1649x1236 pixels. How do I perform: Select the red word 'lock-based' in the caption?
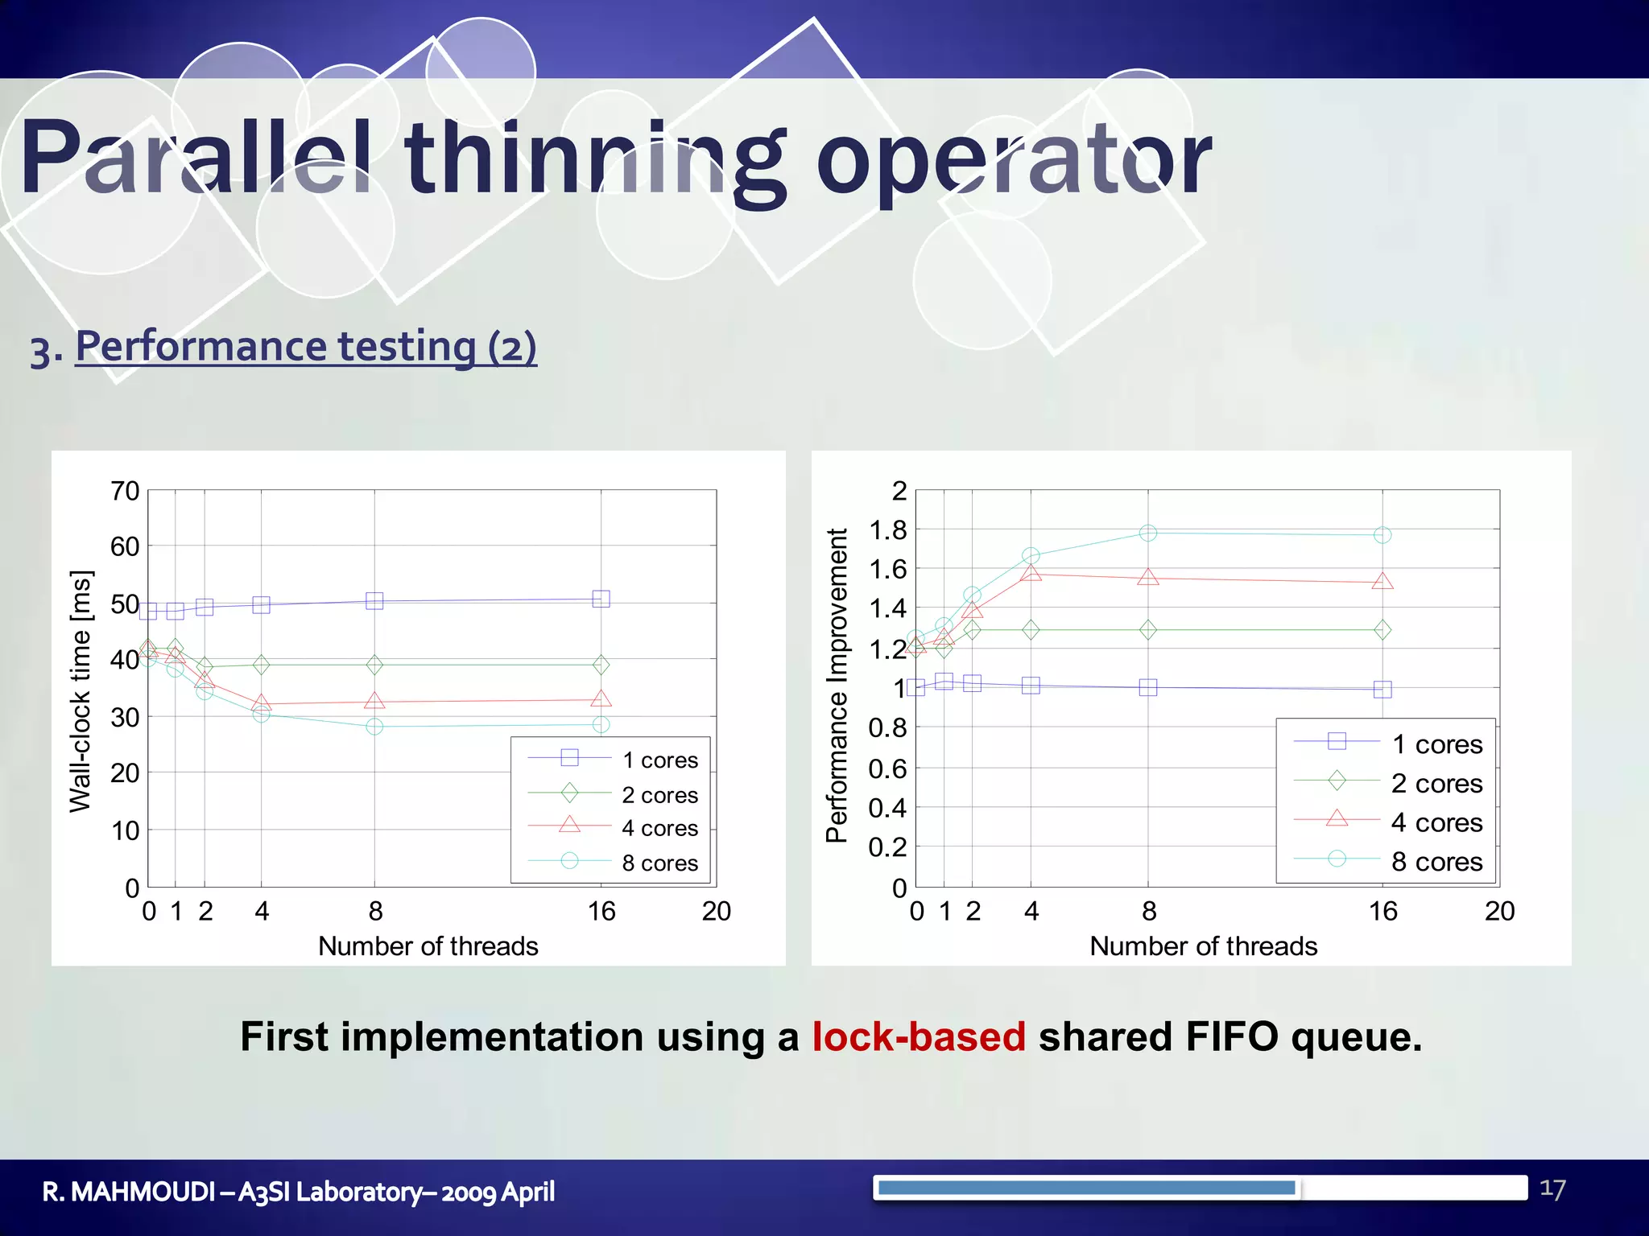(x=919, y=1036)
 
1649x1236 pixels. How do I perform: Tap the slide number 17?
(x=1552, y=1189)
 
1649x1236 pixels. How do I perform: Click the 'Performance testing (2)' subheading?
(x=306, y=346)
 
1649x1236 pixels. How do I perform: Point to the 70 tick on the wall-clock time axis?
(x=125, y=491)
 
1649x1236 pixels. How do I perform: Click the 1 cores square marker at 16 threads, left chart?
(x=601, y=599)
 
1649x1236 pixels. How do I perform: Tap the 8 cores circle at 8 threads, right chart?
(x=1148, y=533)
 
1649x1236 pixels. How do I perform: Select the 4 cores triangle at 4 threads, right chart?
(x=1031, y=574)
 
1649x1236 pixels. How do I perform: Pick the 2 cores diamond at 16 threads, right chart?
(x=1382, y=629)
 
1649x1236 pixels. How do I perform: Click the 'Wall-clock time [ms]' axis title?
(x=81, y=691)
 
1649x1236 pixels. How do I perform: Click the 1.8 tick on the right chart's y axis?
(x=887, y=530)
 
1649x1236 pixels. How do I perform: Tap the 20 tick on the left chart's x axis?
(x=716, y=912)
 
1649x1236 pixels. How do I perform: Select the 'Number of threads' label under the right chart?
(x=1203, y=946)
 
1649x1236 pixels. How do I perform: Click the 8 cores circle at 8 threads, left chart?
(x=374, y=727)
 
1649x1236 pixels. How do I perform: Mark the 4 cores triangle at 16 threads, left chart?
(x=601, y=699)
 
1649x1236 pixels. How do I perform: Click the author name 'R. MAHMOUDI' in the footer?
(x=129, y=1192)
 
